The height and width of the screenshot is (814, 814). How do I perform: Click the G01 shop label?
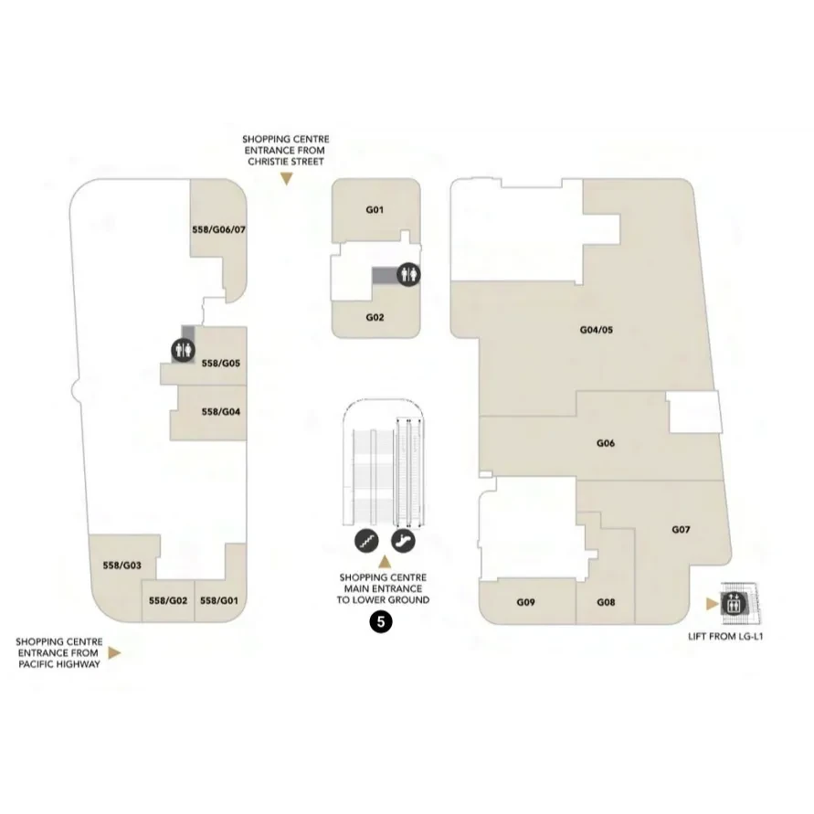pyautogui.click(x=375, y=210)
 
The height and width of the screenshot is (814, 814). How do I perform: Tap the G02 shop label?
pyautogui.click(x=375, y=317)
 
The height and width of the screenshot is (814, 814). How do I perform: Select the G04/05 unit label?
pyautogui.click(x=596, y=330)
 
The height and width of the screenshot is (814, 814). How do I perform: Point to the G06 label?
pyautogui.click(x=606, y=443)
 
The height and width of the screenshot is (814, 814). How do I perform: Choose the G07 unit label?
pyautogui.click(x=681, y=530)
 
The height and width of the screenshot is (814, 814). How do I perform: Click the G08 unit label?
pyautogui.click(x=606, y=602)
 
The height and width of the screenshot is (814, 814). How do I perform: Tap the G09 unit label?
pyautogui.click(x=525, y=602)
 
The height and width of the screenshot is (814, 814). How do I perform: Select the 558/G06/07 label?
pyautogui.click(x=218, y=229)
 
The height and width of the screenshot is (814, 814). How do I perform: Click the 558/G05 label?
pyautogui.click(x=221, y=364)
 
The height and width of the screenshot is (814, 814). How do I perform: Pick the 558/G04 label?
pyautogui.click(x=221, y=412)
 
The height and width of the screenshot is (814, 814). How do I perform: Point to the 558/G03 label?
pyautogui.click(x=122, y=566)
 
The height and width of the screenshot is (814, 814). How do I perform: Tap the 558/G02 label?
pyautogui.click(x=168, y=600)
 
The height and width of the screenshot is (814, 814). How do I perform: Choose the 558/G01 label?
pyautogui.click(x=219, y=600)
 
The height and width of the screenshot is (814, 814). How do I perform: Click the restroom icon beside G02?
pyautogui.click(x=408, y=274)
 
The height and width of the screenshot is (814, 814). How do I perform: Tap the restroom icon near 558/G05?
pyautogui.click(x=184, y=351)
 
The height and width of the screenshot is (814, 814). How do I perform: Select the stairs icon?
pyautogui.click(x=366, y=541)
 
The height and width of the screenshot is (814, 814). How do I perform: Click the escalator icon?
pyautogui.click(x=403, y=541)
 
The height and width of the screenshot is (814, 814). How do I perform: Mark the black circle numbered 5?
pyautogui.click(x=381, y=622)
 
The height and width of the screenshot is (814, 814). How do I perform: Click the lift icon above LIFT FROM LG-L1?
pyautogui.click(x=734, y=604)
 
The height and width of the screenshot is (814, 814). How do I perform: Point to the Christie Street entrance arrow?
pyautogui.click(x=286, y=179)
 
